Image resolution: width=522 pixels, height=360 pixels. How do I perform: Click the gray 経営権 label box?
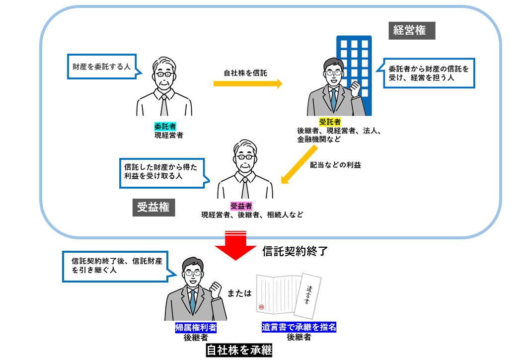(412, 31)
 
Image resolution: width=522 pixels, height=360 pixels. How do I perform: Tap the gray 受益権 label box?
(153, 207)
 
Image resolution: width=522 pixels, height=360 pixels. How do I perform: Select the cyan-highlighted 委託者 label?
(165, 127)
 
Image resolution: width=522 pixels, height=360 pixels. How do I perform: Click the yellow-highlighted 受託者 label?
(330, 122)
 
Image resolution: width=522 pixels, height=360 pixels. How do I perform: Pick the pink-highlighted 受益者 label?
(241, 206)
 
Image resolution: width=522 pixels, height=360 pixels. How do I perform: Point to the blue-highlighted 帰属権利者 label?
(196, 328)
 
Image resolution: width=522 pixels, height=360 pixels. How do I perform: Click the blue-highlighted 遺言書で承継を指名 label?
(299, 327)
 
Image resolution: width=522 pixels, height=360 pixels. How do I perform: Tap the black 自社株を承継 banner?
(239, 350)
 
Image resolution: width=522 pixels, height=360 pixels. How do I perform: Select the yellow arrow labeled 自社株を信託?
(248, 83)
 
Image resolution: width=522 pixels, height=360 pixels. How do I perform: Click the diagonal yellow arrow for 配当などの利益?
(299, 165)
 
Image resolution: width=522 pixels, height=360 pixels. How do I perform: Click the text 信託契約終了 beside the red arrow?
(295, 251)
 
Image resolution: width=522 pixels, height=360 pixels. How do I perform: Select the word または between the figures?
(239, 293)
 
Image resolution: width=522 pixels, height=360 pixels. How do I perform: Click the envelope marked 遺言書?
(307, 296)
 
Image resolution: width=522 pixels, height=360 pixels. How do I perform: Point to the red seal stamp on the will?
(261, 307)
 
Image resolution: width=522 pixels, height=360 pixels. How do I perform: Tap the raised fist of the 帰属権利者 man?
(216, 289)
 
